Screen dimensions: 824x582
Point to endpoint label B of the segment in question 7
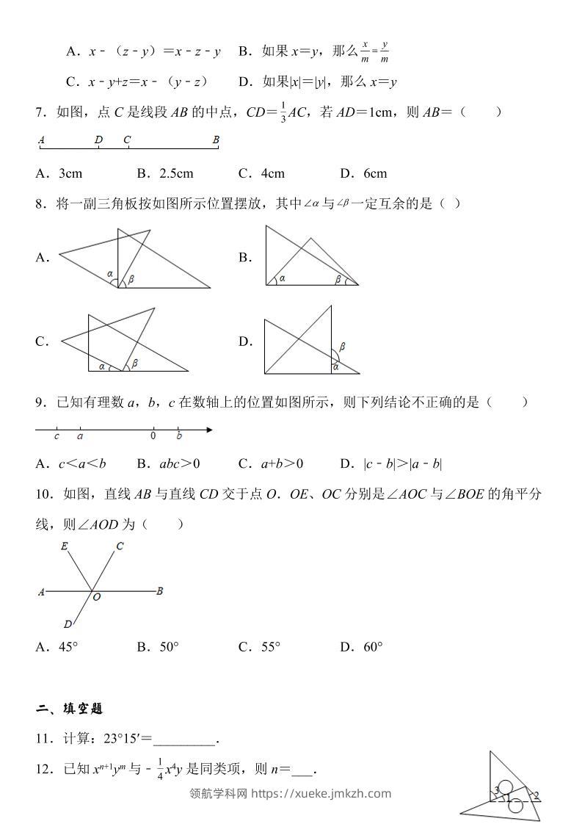tap(216, 139)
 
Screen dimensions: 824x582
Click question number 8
tap(41, 203)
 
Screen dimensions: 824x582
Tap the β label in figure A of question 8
tap(131, 279)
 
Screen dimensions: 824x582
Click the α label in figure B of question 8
tap(282, 278)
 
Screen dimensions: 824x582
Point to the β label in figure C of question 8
tap(135, 362)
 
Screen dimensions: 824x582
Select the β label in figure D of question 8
tap(342, 346)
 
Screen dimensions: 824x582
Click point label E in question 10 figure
tap(65, 546)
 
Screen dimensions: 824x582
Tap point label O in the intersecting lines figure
tap(96, 598)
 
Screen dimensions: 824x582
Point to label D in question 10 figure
tap(68, 624)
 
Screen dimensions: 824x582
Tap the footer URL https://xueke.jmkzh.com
tap(321, 793)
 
